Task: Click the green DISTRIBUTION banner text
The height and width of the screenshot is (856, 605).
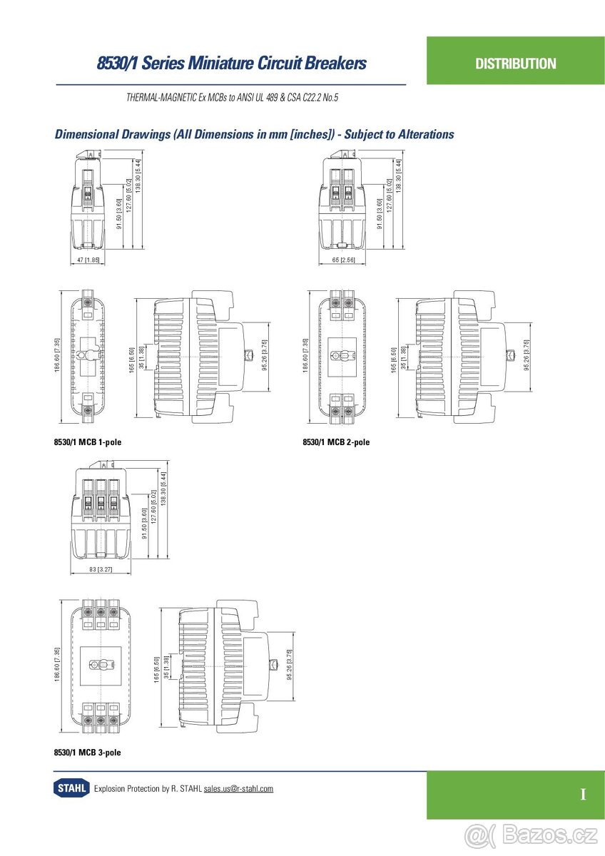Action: [x=515, y=63]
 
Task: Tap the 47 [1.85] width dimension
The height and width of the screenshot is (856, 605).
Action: [x=88, y=260]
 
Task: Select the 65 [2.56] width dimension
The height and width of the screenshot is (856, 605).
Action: [x=343, y=260]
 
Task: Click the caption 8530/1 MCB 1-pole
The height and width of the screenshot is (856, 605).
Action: [x=88, y=442]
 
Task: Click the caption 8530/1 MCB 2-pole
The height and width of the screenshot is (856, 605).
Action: [x=336, y=442]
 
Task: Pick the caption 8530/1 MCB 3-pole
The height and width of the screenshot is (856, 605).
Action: [x=88, y=753]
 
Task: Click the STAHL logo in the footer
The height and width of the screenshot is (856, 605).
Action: [x=71, y=788]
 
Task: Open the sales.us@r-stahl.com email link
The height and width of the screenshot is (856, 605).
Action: [x=238, y=788]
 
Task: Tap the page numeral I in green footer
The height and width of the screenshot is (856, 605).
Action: [x=583, y=795]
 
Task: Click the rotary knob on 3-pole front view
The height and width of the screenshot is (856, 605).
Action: [x=96, y=665]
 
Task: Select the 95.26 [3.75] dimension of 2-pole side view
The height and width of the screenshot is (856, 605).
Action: [x=527, y=355]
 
